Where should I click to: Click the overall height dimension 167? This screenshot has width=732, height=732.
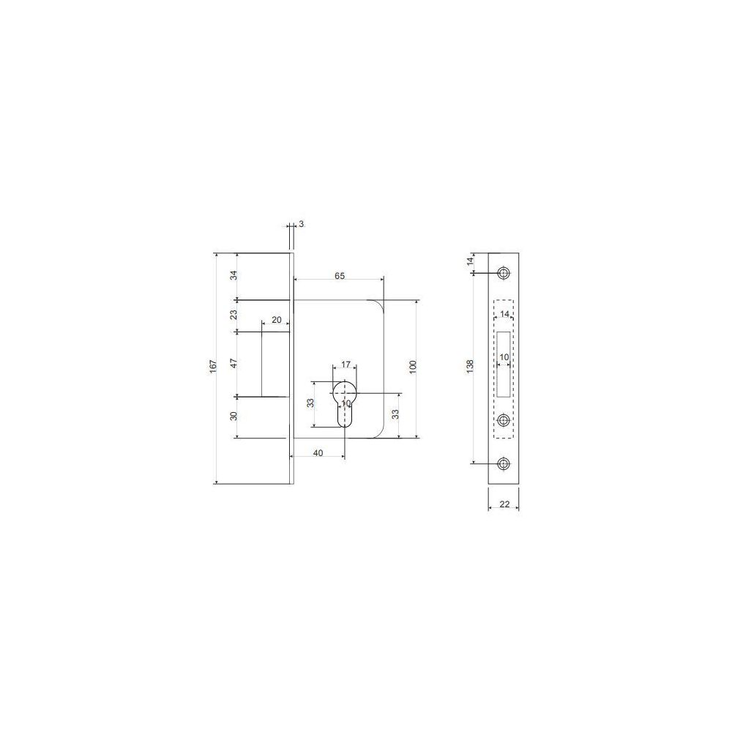point(213,366)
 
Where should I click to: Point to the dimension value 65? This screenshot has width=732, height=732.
point(340,276)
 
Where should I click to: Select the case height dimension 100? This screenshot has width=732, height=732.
point(413,367)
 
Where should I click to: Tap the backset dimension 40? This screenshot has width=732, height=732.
point(318,453)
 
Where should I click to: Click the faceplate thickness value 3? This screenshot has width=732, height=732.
point(301,224)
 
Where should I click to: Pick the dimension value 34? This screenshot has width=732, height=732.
point(234,275)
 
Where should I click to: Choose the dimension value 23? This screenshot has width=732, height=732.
point(234,315)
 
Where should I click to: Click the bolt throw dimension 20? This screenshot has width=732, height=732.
point(277,320)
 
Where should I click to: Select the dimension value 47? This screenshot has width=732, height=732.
point(234,363)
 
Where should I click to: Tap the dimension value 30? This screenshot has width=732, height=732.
point(234,416)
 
